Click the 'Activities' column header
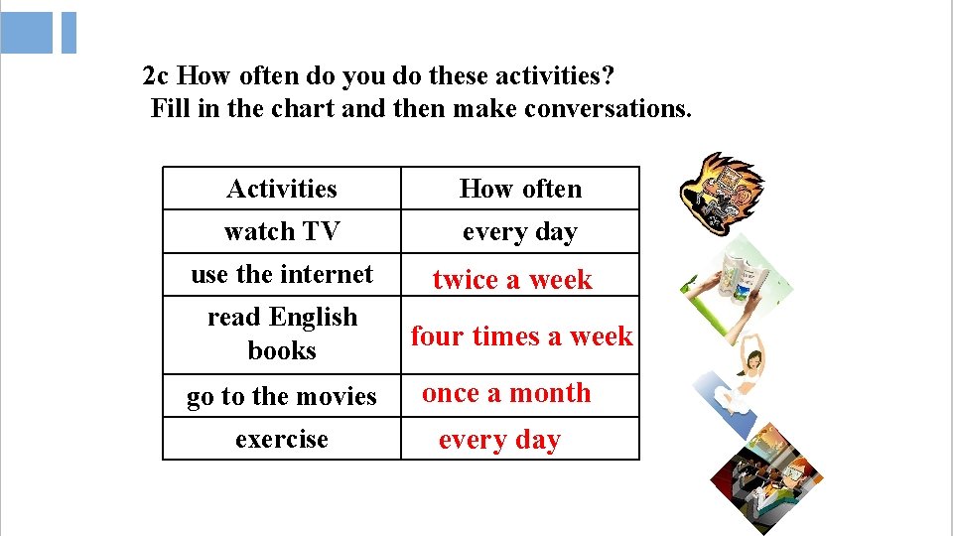pos(282,189)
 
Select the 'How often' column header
pos(520,189)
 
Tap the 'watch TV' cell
pos(282,231)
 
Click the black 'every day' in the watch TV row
pos(519,232)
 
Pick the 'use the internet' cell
pos(282,274)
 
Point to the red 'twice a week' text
pos(512,280)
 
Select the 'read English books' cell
pos(282,334)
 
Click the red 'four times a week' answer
pos(521,336)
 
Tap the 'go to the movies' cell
pos(282,396)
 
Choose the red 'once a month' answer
pos(506,393)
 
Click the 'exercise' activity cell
pos(282,439)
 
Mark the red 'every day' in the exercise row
pos(499,440)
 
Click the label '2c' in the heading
pos(156,75)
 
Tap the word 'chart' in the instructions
pos(298,107)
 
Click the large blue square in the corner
pos(27,32)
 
